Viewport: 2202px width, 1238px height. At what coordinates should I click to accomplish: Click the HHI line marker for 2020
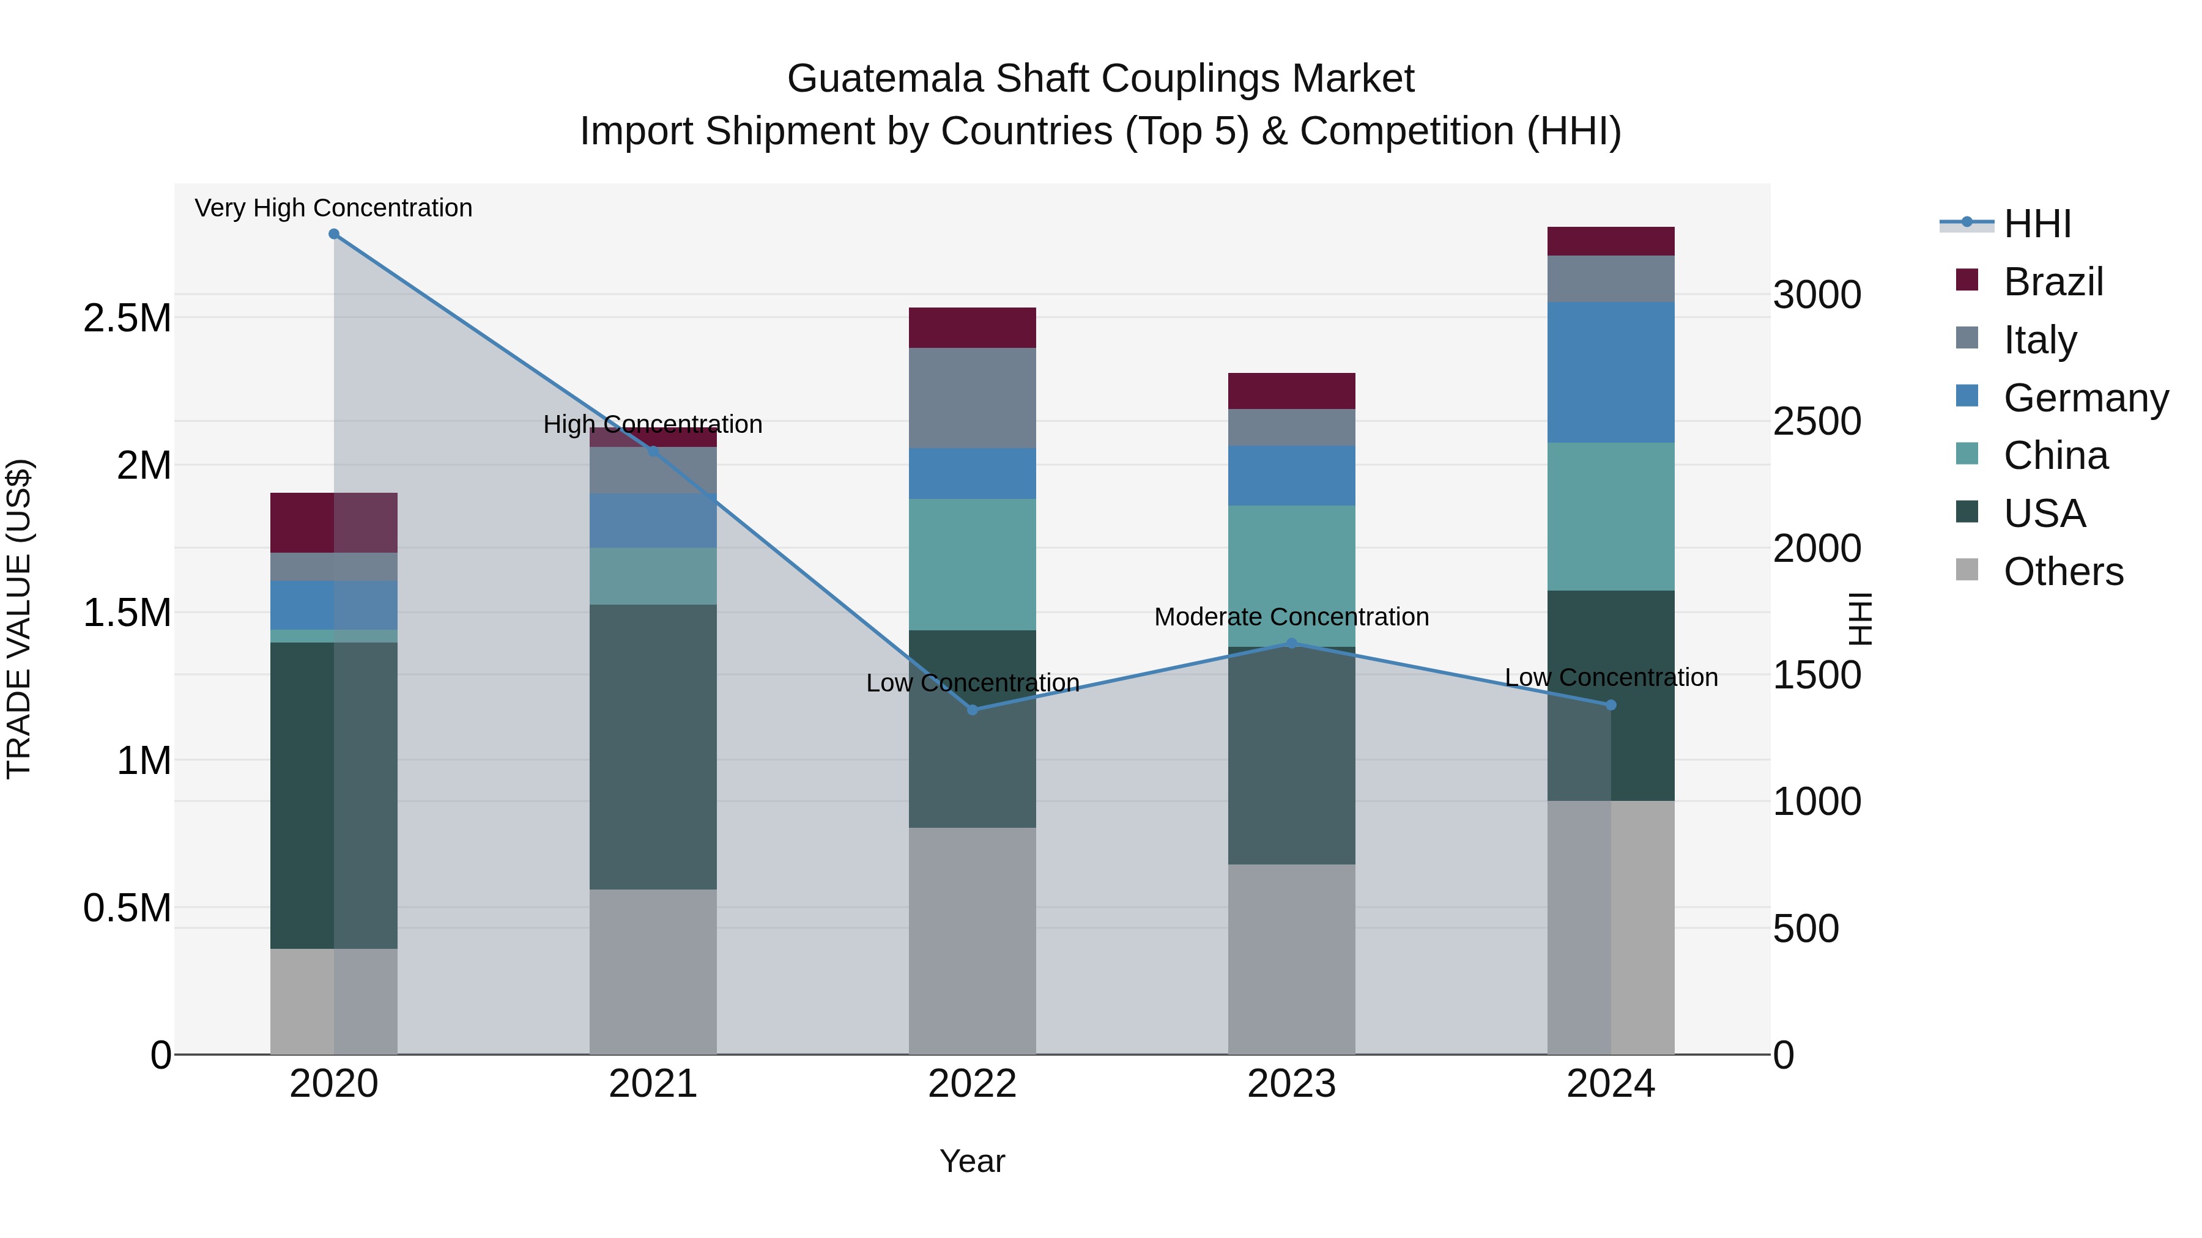(334, 234)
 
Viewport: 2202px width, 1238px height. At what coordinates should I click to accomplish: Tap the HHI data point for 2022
(972, 710)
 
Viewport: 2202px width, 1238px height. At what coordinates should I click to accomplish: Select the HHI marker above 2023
(1292, 643)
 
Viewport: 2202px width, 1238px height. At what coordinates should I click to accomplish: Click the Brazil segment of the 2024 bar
(1611, 241)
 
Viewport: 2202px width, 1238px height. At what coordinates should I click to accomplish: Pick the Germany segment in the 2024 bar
(1611, 372)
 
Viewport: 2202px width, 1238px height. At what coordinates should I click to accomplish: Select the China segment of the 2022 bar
(972, 565)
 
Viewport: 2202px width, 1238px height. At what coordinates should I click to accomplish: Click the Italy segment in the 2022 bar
(972, 398)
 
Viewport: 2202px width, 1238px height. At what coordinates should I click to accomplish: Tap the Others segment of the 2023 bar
(1292, 959)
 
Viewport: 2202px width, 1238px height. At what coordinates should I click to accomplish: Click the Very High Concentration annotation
(333, 208)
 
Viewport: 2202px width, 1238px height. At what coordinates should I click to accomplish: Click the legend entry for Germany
(2085, 398)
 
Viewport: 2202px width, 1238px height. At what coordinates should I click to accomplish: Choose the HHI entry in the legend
(2037, 224)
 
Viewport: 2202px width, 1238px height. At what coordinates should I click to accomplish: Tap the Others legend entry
(2063, 572)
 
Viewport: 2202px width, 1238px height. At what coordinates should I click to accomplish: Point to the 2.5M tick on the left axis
(127, 319)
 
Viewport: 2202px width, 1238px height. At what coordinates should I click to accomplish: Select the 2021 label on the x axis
(653, 1084)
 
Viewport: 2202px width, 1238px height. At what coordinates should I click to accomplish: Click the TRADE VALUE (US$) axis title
(19, 619)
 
